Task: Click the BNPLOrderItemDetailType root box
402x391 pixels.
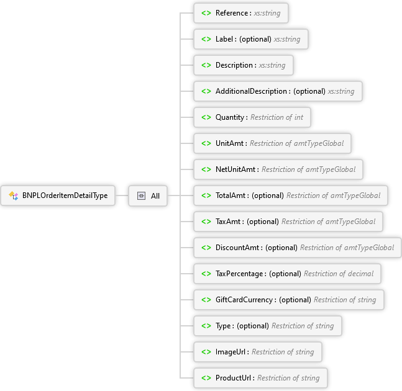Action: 58,195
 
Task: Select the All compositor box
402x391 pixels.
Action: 148,196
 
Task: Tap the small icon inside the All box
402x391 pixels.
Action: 141,196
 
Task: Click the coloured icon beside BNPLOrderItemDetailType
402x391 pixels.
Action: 13,195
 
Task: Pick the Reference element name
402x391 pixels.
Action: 232,13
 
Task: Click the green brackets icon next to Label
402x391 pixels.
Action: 206,39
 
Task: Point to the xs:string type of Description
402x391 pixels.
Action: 272,65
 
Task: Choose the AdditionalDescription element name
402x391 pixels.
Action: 251,91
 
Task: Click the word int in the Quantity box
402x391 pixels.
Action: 299,117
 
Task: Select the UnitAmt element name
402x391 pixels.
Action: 229,143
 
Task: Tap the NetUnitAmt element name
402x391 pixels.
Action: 235,169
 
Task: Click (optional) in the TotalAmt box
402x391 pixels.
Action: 268,195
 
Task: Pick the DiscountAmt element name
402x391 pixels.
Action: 237,248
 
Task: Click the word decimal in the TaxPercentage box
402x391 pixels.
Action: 361,274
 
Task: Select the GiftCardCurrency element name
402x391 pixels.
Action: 244,300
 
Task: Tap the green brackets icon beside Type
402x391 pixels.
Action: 206,326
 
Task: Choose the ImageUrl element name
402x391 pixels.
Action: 231,352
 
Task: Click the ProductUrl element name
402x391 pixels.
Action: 233,378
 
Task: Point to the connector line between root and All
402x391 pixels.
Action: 122,195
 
